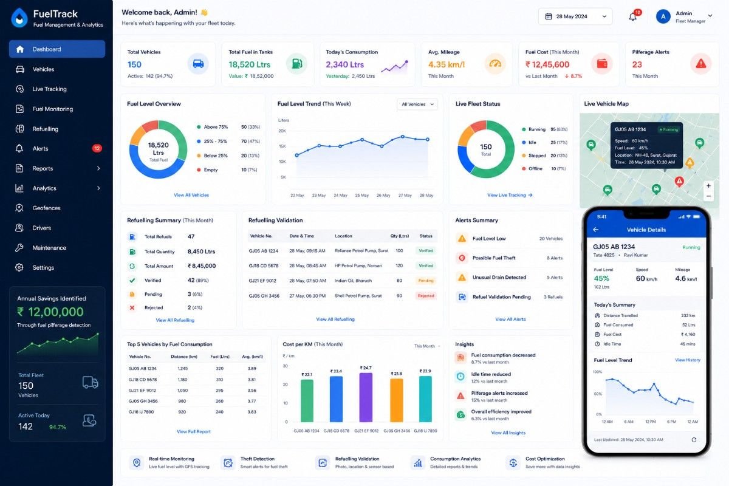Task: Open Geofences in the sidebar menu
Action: (46, 208)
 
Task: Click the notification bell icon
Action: (632, 16)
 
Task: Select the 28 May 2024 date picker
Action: (575, 16)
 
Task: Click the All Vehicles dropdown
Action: (417, 104)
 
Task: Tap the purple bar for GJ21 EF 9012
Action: (366, 397)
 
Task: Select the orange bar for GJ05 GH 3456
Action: (396, 400)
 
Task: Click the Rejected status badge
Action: (426, 296)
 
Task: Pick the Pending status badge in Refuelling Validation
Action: (426, 281)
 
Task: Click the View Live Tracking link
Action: (510, 195)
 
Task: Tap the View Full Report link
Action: (194, 432)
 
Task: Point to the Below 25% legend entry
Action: (212, 156)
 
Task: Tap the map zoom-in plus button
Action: (708, 186)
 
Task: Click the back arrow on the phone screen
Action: (595, 230)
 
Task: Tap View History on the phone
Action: (687, 360)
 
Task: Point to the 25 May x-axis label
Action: (362, 196)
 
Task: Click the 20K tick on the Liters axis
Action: (282, 131)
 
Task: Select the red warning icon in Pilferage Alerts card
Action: (700, 64)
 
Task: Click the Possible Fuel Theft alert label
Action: (494, 258)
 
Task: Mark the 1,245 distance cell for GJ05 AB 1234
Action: (183, 369)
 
